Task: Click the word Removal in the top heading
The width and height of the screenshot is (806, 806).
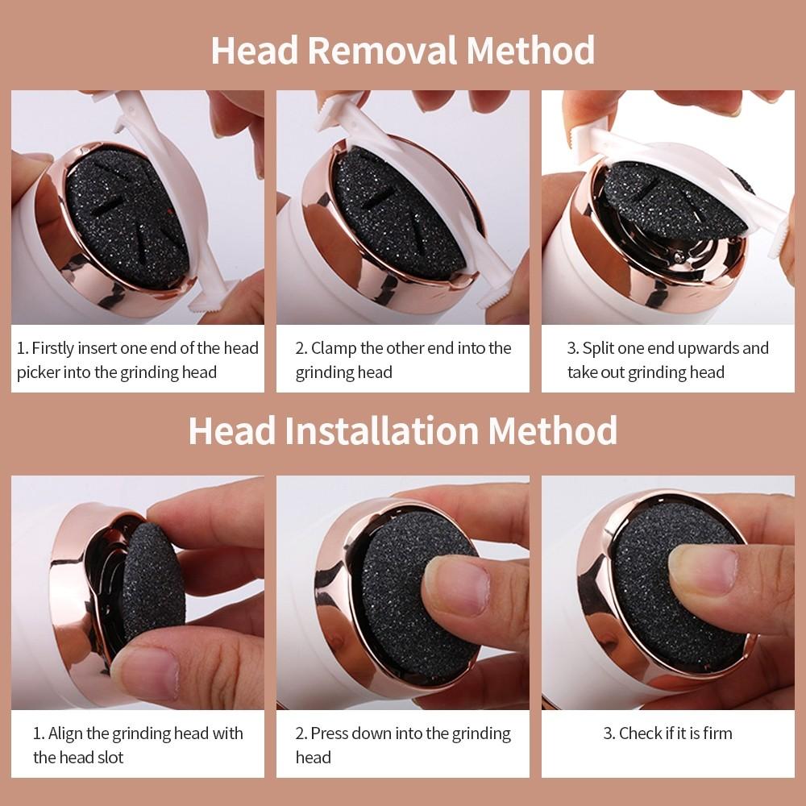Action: [x=382, y=50]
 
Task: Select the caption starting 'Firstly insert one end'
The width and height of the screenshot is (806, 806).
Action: [x=138, y=360]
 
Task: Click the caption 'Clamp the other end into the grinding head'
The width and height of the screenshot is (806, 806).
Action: [x=403, y=360]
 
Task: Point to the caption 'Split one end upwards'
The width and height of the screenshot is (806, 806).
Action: [x=668, y=360]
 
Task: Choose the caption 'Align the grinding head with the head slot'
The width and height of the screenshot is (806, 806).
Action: [x=138, y=745]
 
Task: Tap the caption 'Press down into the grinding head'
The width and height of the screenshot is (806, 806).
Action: [x=403, y=745]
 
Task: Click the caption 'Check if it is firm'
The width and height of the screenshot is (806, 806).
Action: [x=668, y=733]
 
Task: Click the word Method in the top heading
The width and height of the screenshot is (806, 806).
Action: [x=530, y=50]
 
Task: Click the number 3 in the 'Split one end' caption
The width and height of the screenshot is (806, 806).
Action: [x=572, y=349]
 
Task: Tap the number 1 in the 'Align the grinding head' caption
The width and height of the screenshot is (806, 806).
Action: [x=37, y=733]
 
